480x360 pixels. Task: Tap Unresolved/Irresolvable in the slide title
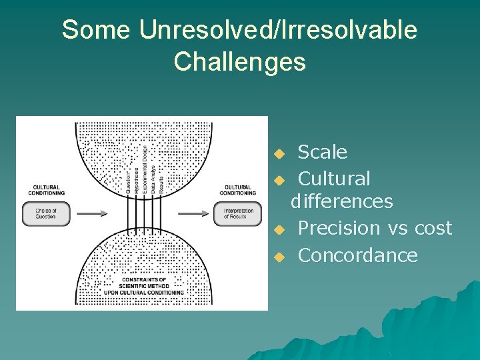coord(278,30)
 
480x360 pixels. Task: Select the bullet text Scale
coord(322,153)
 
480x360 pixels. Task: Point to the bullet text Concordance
coord(357,255)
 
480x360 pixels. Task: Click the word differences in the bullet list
coord(341,201)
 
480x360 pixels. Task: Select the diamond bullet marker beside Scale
coord(279,154)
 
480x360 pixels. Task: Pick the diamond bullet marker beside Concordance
coord(279,257)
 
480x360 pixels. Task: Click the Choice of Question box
coord(46,214)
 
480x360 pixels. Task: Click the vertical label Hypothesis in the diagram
coord(137,177)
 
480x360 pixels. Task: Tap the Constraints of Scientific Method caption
coord(143,285)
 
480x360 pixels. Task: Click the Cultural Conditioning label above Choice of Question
coord(46,190)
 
